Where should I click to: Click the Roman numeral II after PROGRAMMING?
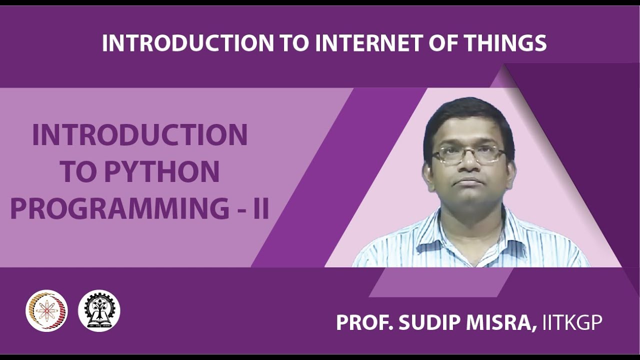coord(260,209)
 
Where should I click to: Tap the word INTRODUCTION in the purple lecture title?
coord(140,135)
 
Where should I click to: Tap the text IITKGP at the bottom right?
coord(570,322)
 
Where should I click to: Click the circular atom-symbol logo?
coord(46,310)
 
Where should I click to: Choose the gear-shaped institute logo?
coord(99,310)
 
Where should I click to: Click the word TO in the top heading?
coord(294,43)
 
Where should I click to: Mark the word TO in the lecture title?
coord(79,172)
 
